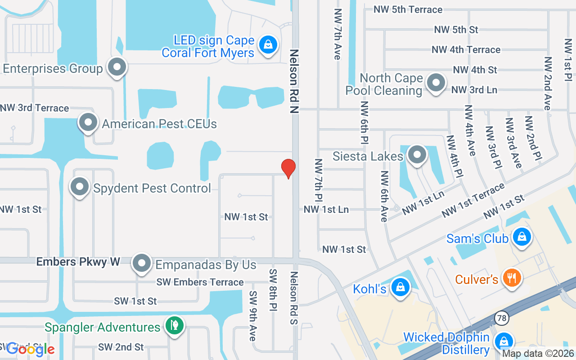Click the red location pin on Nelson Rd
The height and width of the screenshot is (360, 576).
288,168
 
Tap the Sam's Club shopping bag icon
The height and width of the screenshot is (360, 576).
522,236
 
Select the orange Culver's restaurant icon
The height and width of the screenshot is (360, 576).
512,278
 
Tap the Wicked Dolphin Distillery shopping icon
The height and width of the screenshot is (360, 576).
504,341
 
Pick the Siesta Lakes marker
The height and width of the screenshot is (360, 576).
417,155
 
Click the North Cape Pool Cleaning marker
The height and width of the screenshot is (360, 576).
436,83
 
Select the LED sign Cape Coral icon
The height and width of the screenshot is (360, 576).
268,45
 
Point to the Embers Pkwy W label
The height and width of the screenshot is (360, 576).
78,262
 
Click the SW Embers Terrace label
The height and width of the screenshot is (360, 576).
200,282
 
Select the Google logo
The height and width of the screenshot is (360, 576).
31,348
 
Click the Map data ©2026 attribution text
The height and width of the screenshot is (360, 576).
538,354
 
